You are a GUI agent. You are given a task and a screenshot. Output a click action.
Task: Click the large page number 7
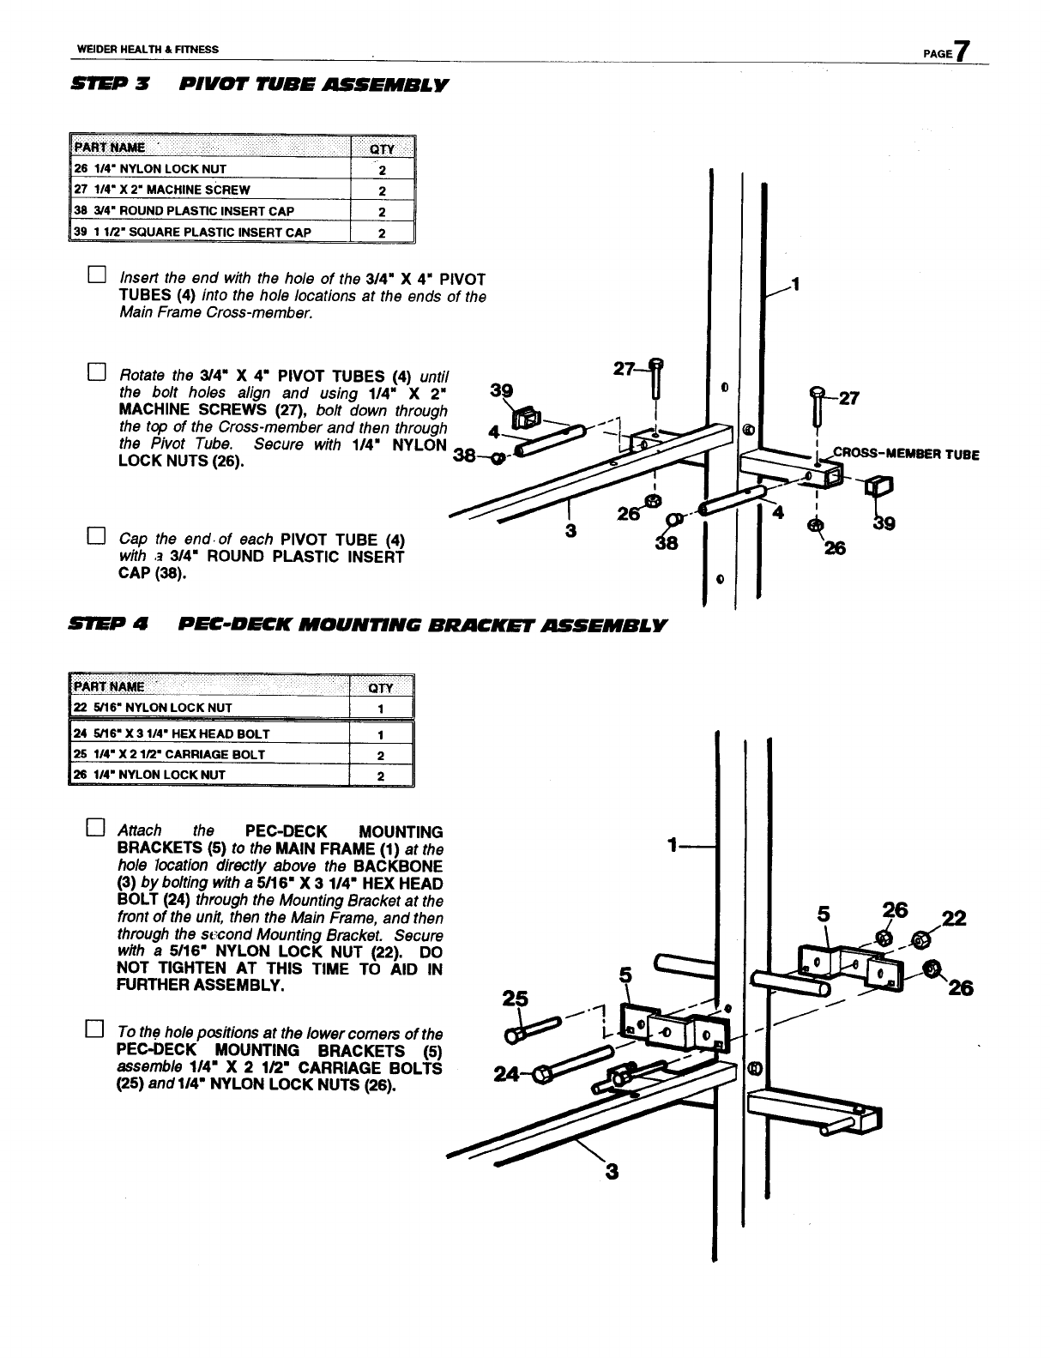click(x=964, y=51)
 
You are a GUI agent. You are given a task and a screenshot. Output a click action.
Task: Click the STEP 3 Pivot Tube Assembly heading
click(x=259, y=86)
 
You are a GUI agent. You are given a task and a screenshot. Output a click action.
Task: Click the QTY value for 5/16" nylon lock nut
click(x=381, y=709)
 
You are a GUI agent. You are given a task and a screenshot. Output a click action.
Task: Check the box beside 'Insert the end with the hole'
click(x=95, y=275)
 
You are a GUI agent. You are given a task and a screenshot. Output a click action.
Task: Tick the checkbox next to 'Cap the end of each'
click(x=95, y=537)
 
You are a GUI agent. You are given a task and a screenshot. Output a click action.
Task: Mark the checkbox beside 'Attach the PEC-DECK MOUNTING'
click(x=95, y=828)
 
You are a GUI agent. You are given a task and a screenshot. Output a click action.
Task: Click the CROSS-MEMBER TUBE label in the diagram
click(x=906, y=455)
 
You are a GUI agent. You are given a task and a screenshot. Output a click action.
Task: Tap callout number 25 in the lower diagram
click(x=515, y=999)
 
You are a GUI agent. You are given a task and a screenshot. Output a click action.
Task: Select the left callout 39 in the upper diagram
click(x=501, y=391)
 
